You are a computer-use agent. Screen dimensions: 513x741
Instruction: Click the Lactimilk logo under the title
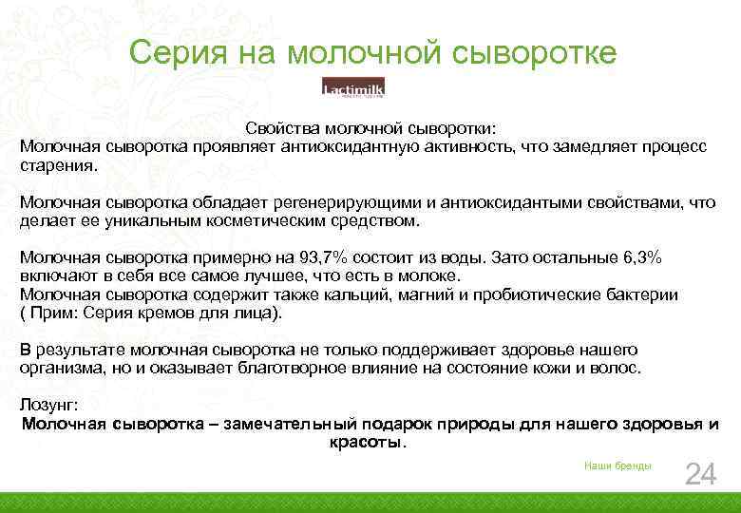tap(353, 87)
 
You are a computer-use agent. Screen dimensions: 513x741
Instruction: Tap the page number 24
tap(700, 473)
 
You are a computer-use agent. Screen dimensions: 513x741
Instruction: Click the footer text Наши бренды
tap(617, 465)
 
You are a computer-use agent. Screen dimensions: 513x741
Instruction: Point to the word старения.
tap(58, 164)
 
